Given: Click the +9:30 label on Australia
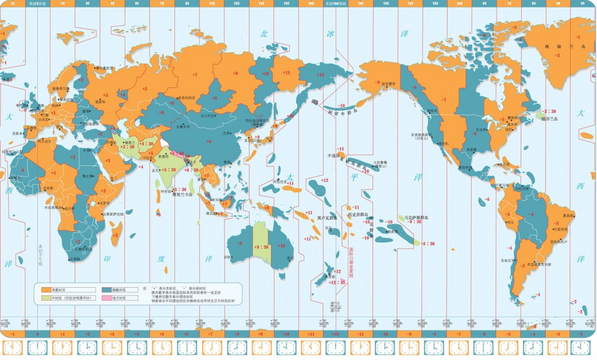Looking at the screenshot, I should pos(261,247).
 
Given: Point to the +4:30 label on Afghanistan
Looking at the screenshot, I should pos(146,143).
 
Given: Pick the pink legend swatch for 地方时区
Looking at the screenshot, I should pos(107,298).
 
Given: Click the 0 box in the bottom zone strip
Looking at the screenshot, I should pos(37,334).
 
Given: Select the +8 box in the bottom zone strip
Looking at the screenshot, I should pos(236,334).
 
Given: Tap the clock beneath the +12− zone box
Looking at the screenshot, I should pos(336,348).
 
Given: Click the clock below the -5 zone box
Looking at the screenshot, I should pos(509,348).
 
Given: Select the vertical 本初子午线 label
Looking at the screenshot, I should pos(40,255).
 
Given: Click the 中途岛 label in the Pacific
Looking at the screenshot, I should pos(333,156).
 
